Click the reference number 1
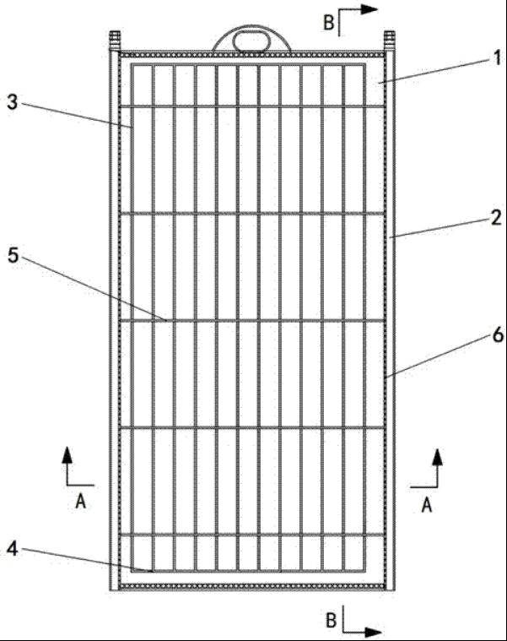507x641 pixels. pos(497,58)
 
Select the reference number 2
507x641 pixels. pos(496,218)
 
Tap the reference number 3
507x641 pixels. pos(12,101)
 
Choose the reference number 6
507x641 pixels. pos(497,336)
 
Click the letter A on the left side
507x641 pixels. pos(80,500)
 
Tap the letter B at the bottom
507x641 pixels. pos(330,620)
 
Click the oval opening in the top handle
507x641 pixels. pos(252,38)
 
